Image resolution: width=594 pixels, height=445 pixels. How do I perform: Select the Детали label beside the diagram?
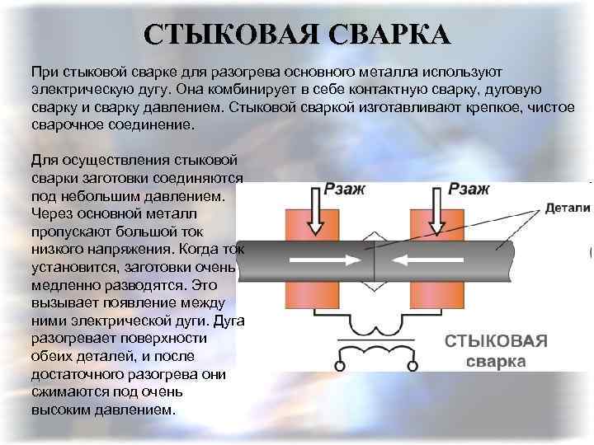click(x=568, y=209)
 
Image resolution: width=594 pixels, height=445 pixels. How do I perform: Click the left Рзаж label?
click(x=346, y=190)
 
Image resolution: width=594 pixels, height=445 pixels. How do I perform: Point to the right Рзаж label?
click(x=469, y=190)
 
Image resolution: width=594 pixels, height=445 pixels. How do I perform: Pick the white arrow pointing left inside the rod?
click(x=420, y=259)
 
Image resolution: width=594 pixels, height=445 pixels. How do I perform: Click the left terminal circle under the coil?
click(x=340, y=363)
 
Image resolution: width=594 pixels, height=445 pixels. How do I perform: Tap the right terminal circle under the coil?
click(x=410, y=363)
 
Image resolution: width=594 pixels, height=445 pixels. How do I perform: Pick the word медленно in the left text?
click(x=65, y=284)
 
